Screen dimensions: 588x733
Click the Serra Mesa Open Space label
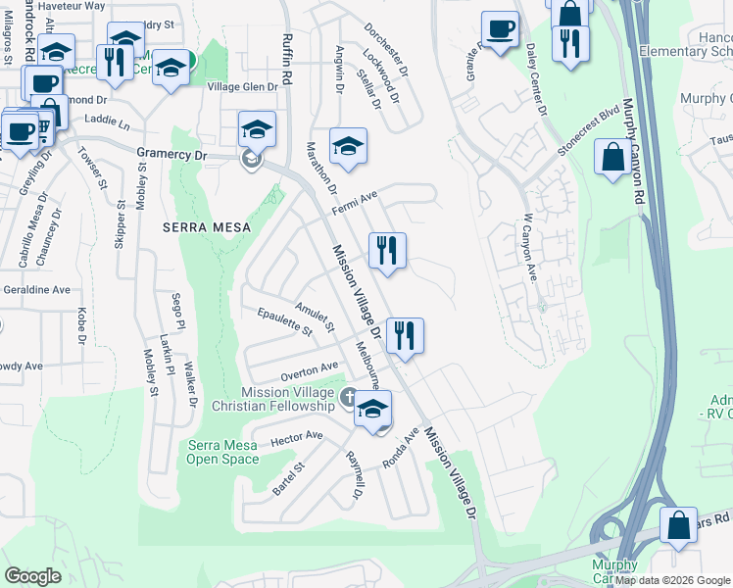(x=222, y=452)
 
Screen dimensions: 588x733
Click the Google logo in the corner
(x=32, y=576)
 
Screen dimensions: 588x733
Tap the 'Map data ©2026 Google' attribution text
(x=672, y=580)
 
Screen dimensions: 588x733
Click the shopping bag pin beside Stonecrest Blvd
(x=612, y=157)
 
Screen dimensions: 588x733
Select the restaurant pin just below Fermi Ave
(x=387, y=251)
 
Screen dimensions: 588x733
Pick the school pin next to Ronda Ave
(x=372, y=410)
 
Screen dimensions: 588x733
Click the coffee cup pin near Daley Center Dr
(x=501, y=29)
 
